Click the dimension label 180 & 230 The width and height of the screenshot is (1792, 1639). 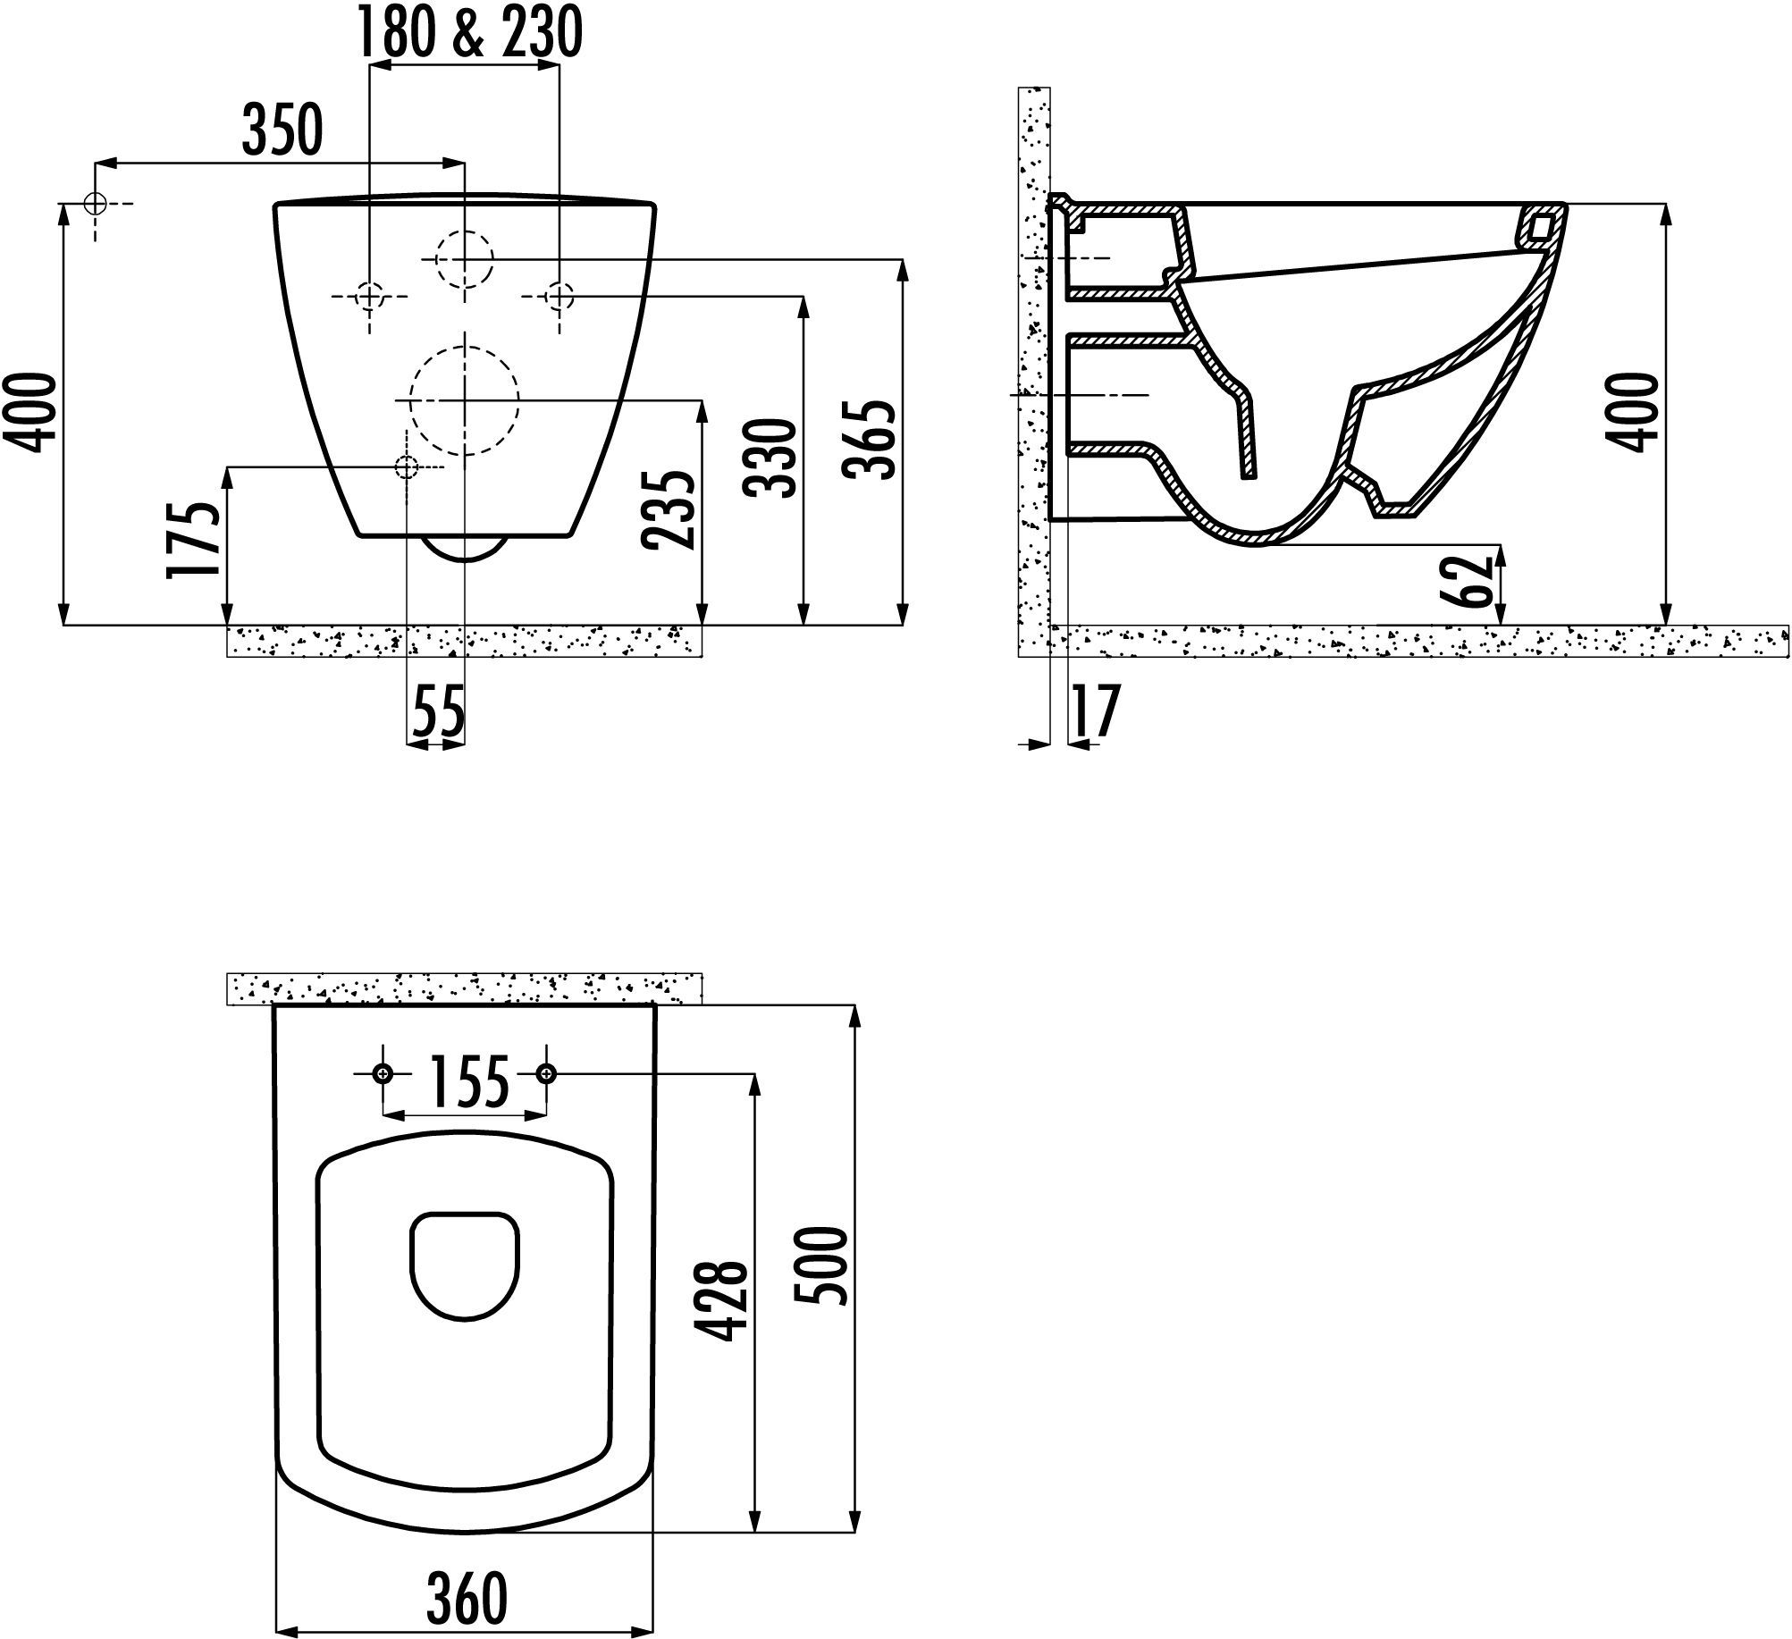tap(470, 34)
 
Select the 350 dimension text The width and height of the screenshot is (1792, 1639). tap(282, 130)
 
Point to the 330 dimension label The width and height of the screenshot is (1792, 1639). tap(771, 458)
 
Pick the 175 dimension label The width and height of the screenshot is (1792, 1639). tap(194, 541)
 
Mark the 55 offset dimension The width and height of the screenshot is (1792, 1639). tap(439, 712)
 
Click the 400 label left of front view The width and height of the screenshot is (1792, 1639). tap(36, 413)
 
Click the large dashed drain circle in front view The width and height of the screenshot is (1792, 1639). tap(465, 399)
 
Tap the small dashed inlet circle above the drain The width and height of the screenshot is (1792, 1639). tap(465, 258)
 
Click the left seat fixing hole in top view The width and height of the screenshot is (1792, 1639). tap(383, 1073)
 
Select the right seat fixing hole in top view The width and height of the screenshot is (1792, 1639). tap(546, 1073)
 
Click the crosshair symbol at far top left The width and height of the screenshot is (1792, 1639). tap(95, 204)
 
